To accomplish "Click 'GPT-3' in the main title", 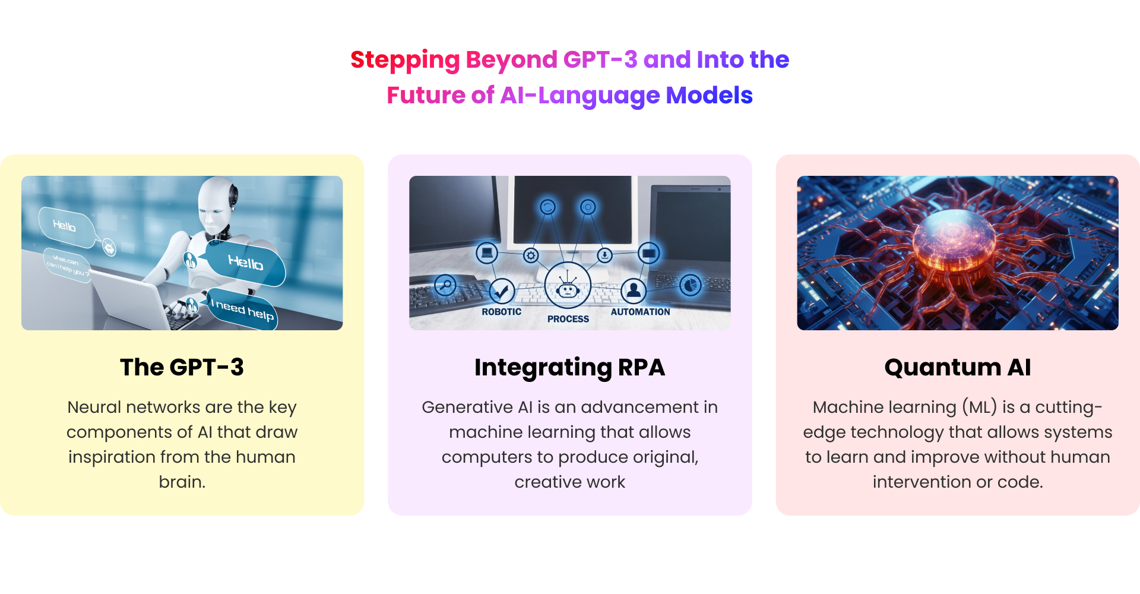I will [x=600, y=59].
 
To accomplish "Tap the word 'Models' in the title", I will [x=709, y=95].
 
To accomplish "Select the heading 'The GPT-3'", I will [x=182, y=367].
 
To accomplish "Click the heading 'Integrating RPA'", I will [x=569, y=367].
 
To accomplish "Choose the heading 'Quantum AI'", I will [x=957, y=367].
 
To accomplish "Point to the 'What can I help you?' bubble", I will [x=68, y=266].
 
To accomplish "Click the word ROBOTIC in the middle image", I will [x=501, y=312].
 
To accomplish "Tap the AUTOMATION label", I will [x=640, y=312].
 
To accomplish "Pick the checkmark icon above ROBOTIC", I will [x=502, y=291].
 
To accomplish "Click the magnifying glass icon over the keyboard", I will [x=445, y=286].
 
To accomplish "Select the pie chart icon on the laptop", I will [x=690, y=286].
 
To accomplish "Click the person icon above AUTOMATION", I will [x=634, y=290].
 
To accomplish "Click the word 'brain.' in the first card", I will [x=182, y=482].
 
